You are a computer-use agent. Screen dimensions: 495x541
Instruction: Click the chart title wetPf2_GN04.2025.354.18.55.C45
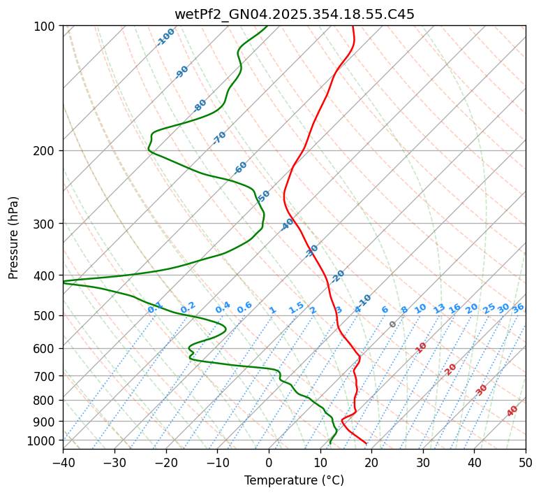click(x=294, y=14)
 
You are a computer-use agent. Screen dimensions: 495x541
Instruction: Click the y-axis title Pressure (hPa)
click(x=13, y=237)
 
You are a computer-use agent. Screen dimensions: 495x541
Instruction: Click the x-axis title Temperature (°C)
click(x=294, y=480)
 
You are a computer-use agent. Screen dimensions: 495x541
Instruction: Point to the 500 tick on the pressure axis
click(x=45, y=316)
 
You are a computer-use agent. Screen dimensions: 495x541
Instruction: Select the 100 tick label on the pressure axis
click(x=45, y=27)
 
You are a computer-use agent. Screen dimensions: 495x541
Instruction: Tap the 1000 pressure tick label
click(x=42, y=440)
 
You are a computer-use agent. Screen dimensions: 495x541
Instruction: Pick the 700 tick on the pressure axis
click(x=45, y=376)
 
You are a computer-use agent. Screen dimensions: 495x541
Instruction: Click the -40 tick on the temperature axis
click(x=63, y=462)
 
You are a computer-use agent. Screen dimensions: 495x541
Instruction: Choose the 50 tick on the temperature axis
click(x=526, y=462)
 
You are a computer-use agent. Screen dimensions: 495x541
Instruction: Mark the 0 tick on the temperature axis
click(x=269, y=462)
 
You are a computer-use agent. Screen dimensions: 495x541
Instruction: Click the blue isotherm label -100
click(x=165, y=37)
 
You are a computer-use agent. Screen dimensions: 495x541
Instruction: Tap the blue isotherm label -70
click(x=219, y=138)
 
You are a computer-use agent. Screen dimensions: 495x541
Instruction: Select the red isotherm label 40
click(x=512, y=411)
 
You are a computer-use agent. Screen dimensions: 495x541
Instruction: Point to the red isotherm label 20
click(x=451, y=368)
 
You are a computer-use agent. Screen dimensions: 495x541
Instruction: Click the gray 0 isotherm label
click(x=393, y=324)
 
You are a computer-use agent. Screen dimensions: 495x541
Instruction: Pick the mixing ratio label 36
click(x=518, y=308)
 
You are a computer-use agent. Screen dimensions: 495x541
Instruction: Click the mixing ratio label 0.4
click(x=223, y=308)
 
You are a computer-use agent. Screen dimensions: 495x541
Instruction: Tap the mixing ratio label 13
click(x=439, y=308)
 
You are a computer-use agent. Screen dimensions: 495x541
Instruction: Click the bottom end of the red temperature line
click(x=366, y=443)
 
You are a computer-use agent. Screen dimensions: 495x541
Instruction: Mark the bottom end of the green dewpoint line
click(x=330, y=443)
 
